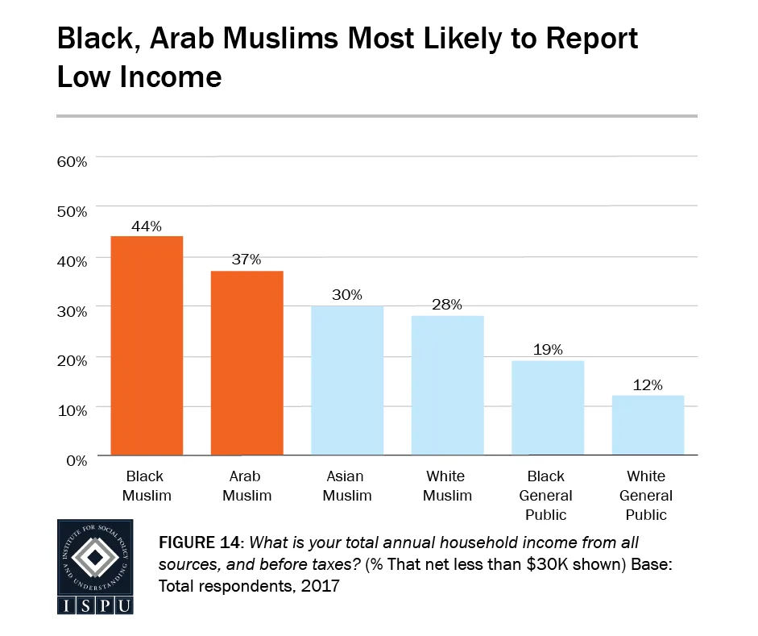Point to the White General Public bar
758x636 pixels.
[648, 425]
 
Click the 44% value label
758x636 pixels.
[147, 227]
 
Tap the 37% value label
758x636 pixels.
[246, 260]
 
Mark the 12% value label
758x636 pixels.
[648, 385]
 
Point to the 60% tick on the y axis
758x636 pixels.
[71, 161]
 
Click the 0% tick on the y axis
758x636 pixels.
[75, 460]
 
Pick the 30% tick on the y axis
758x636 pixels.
[71, 311]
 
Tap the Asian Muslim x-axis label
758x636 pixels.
[347, 485]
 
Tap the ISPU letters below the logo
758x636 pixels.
[95, 605]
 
